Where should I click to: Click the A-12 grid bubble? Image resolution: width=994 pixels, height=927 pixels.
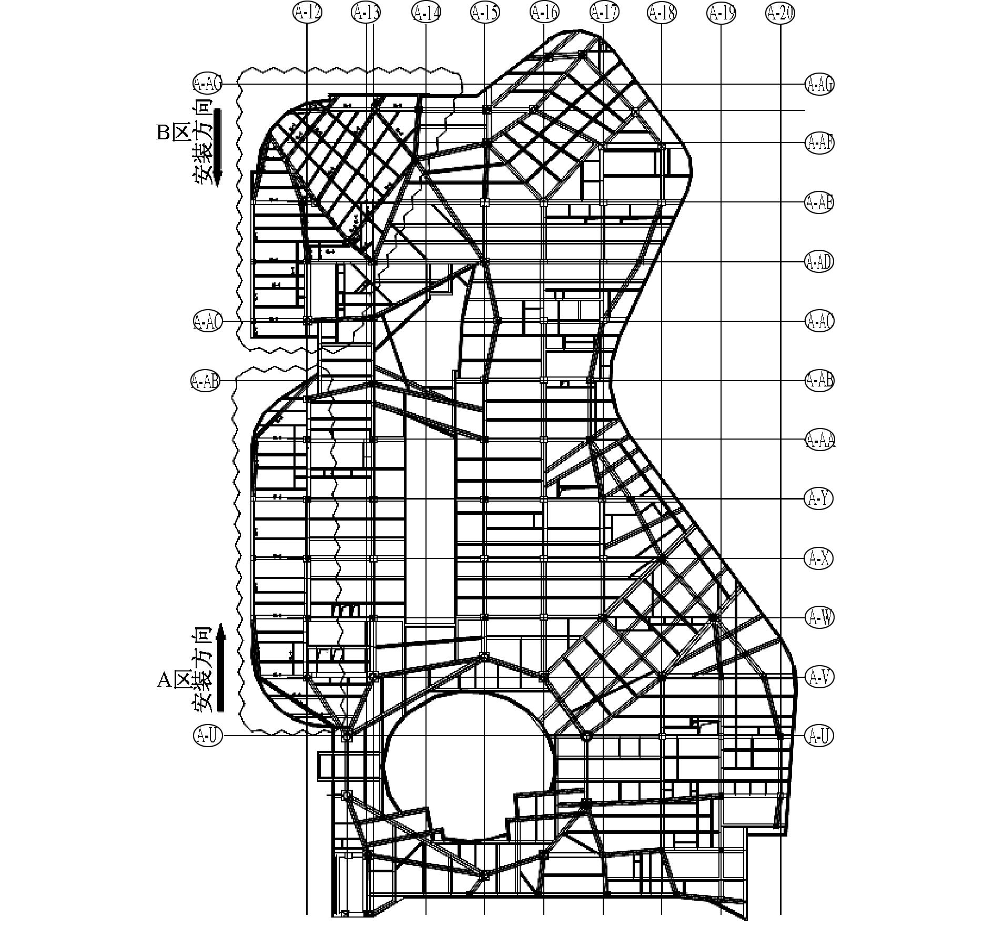coord(307,12)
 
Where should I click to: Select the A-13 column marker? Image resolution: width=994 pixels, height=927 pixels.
coord(366,12)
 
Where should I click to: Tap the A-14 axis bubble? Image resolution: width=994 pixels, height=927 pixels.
coord(426,12)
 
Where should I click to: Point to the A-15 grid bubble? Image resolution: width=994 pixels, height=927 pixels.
coord(484,12)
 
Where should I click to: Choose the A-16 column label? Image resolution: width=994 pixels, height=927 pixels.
coord(544,12)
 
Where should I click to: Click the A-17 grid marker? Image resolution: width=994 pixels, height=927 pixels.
coord(604,12)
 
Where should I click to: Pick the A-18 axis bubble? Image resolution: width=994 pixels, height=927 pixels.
coord(662,12)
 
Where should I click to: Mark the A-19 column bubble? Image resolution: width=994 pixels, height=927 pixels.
coord(721,12)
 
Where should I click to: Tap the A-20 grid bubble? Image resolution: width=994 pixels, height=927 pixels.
coord(780,12)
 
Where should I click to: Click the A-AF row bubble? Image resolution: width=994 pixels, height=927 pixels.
coord(819,142)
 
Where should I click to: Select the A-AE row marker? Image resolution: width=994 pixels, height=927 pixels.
coord(819,202)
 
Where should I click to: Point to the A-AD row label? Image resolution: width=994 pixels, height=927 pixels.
coord(819,261)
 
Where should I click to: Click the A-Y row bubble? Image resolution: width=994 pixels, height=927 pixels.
coord(819,498)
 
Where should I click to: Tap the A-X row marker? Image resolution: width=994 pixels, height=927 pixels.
coord(819,558)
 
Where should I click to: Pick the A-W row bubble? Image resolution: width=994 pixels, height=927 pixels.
coord(819,617)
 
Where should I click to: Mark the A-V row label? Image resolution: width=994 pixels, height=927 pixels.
coord(819,677)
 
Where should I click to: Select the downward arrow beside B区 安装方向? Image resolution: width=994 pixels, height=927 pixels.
coord(218,147)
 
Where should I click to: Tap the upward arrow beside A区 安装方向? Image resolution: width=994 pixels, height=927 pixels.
coord(221,668)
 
